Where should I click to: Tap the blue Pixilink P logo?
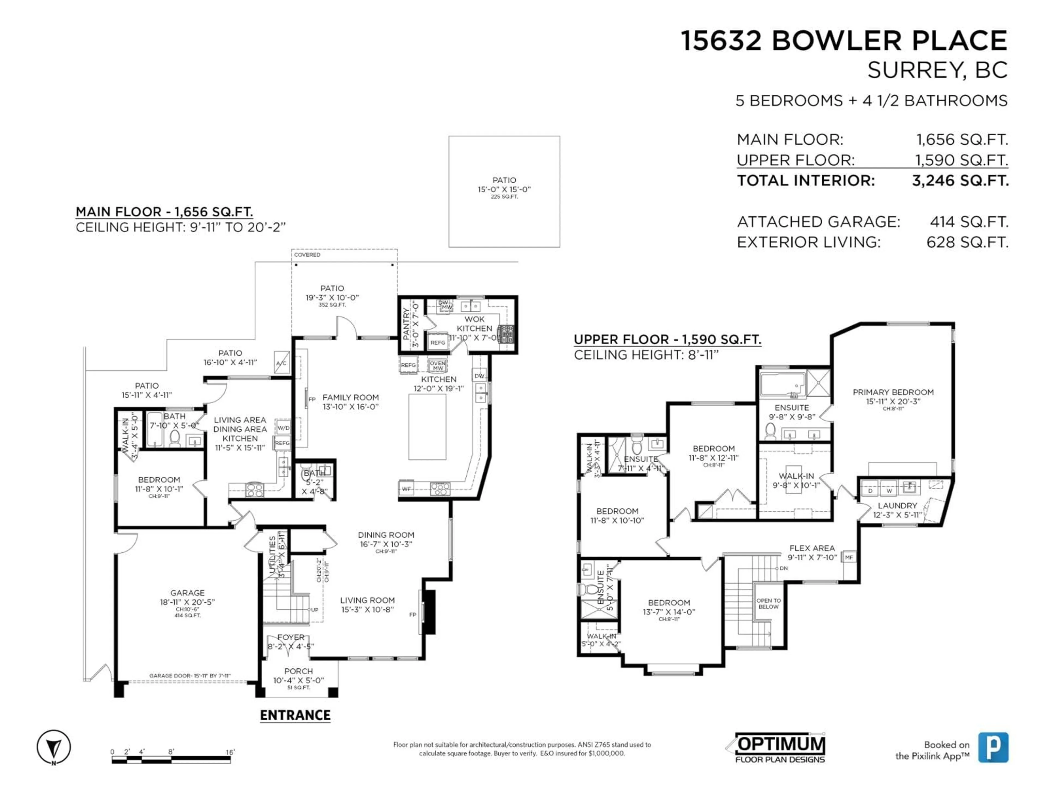pos(993,747)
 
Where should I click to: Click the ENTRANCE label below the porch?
pos(295,715)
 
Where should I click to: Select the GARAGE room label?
pos(187,593)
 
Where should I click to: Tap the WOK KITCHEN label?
pos(474,324)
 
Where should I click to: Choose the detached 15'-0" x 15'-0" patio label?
pos(504,185)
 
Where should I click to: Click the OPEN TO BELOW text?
pos(768,603)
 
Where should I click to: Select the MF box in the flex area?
pos(849,557)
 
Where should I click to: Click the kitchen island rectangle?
pos(427,426)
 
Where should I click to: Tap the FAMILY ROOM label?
pos(350,397)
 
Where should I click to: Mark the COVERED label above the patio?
pos(307,255)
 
